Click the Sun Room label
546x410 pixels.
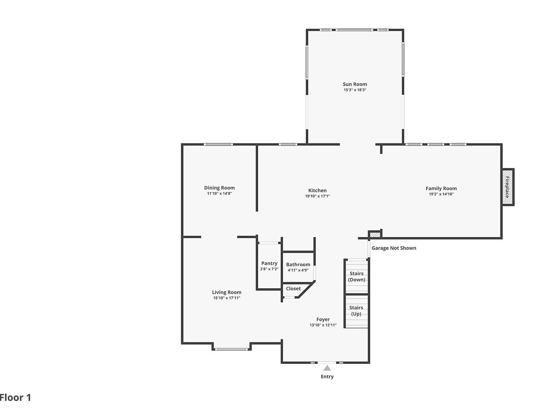355,84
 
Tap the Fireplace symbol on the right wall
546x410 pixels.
508,187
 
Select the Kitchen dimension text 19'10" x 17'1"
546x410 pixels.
317,196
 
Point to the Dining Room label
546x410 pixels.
219,188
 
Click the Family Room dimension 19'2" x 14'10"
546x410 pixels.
441,194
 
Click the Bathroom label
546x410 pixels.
298,264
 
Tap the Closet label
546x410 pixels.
293,289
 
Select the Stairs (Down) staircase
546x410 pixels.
357,277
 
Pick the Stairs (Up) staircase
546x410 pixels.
356,311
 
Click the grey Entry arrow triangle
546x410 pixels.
327,368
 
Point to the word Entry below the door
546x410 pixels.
327,377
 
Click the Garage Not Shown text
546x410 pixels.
394,248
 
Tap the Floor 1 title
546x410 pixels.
16,398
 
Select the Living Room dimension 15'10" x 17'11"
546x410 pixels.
227,298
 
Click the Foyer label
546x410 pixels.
323,320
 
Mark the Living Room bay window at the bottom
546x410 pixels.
231,349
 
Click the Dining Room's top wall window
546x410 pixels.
218,144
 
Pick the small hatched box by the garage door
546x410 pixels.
374,235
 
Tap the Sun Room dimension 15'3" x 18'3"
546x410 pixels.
355,90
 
